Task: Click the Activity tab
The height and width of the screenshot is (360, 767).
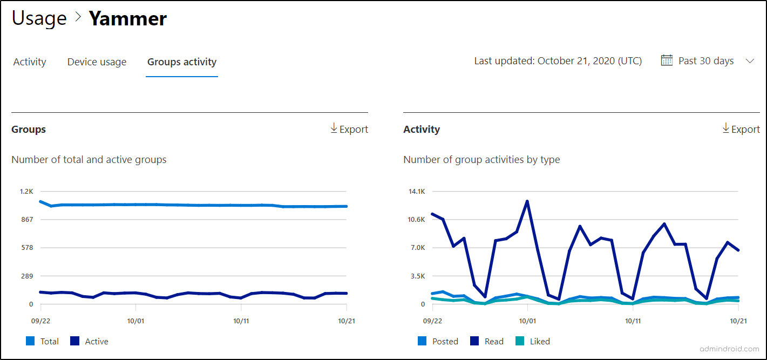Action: coord(30,62)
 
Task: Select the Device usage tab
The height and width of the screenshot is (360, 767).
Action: coord(97,62)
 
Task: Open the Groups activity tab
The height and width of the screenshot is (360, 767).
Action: coord(182,62)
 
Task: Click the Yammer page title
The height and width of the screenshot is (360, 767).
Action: coord(128,19)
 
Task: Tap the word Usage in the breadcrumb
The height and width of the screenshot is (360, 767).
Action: coord(39,19)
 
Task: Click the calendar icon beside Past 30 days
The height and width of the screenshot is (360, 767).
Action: coord(667,60)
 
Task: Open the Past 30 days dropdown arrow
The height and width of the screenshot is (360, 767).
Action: coord(750,61)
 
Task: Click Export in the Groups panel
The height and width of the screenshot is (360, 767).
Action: coord(349,129)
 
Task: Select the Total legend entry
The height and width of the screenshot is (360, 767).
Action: coord(43,341)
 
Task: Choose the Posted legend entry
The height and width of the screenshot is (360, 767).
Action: coord(438,341)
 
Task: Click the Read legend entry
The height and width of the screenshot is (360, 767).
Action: coord(487,341)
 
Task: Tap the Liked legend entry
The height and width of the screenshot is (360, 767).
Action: coord(533,341)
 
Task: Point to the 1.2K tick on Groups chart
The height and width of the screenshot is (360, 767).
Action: coord(26,191)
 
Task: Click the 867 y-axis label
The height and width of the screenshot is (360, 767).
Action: coord(26,220)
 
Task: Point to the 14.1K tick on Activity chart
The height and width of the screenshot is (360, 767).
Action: coord(417,191)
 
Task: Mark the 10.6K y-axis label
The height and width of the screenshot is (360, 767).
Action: coord(417,220)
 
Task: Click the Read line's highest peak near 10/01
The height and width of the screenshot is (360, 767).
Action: coord(527,201)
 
